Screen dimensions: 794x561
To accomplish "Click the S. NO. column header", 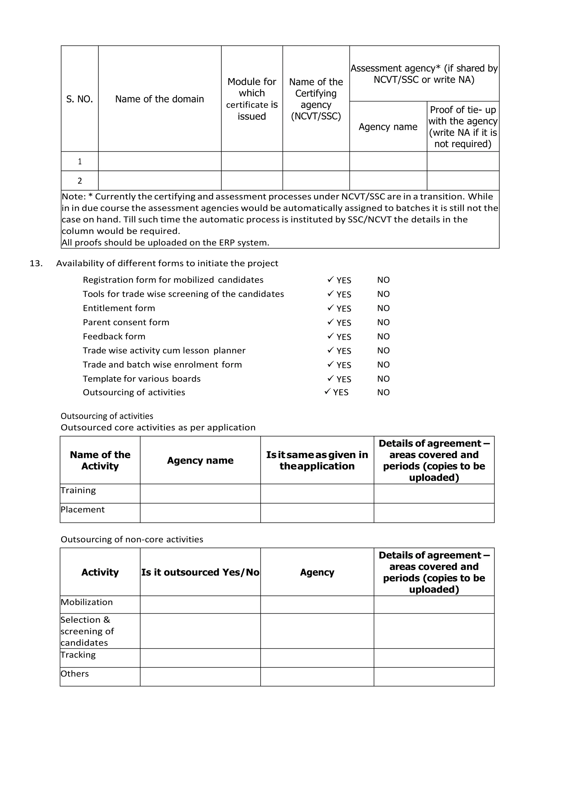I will [79, 99].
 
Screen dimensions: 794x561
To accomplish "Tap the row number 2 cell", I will [79, 181].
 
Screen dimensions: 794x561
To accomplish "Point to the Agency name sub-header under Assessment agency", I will [388, 127].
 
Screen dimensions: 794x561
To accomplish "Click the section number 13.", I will [36, 263].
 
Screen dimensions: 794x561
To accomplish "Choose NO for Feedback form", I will [383, 336].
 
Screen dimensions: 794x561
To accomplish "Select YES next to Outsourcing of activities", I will [340, 393].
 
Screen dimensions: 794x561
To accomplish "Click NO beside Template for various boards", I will [383, 379].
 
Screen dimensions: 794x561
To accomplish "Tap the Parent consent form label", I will [126, 322].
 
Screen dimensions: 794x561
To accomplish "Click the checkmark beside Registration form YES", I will [330, 279].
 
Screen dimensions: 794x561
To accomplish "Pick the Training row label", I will [78, 490].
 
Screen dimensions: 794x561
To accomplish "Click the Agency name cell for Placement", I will [200, 513].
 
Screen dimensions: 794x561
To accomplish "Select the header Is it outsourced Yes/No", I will [200, 572].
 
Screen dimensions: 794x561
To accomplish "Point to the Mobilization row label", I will [87, 602].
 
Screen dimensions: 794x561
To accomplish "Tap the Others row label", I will [75, 674].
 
